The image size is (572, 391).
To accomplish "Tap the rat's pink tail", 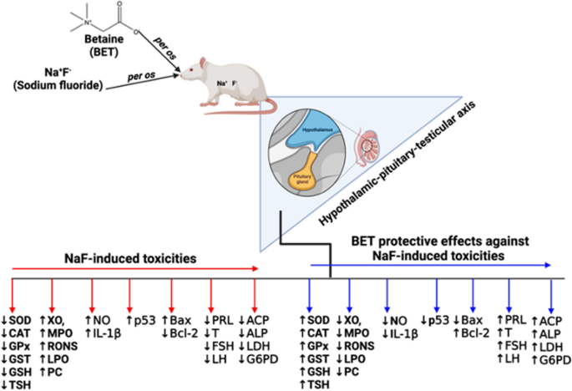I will (251, 113).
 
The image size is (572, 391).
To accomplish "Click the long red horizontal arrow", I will (134, 270).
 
